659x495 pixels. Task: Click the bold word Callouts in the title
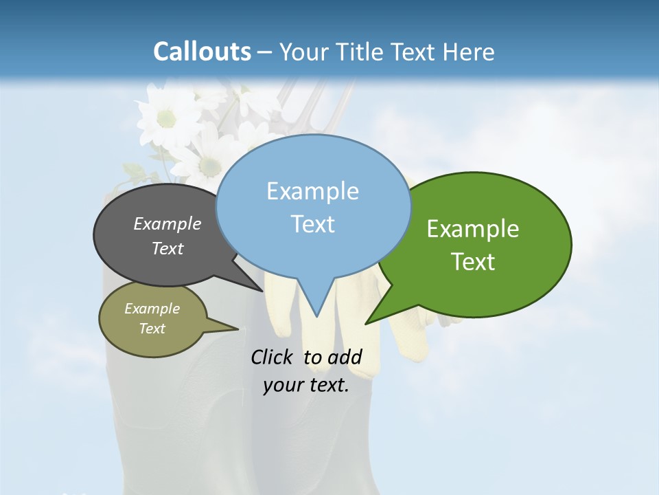pyautogui.click(x=202, y=52)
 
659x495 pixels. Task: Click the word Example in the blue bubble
pyautogui.click(x=312, y=191)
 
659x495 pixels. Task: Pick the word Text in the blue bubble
pyautogui.click(x=312, y=224)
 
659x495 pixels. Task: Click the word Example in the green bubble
pyautogui.click(x=473, y=229)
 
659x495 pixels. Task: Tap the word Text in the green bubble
pyautogui.click(x=473, y=262)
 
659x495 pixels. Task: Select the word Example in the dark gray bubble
pyautogui.click(x=167, y=223)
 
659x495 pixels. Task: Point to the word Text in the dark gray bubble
pyautogui.click(x=167, y=248)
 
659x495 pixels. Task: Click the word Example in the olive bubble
pyautogui.click(x=152, y=309)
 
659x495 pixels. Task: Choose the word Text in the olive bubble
pyautogui.click(x=152, y=329)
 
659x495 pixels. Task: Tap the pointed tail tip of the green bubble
pyautogui.click(x=367, y=322)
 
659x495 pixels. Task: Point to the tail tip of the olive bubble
pyautogui.click(x=238, y=328)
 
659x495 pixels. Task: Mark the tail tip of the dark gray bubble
pyautogui.click(x=264, y=290)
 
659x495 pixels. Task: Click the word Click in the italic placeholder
pyautogui.click(x=273, y=357)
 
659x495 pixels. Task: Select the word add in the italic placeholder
pyautogui.click(x=345, y=357)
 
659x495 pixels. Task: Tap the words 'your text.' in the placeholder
pyautogui.click(x=305, y=385)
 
